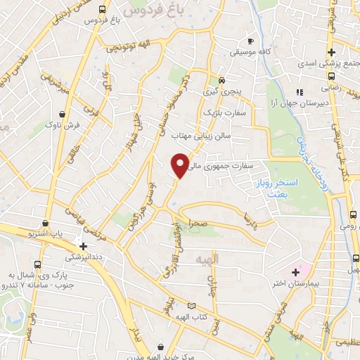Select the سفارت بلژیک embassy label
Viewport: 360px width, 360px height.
click(x=223, y=112)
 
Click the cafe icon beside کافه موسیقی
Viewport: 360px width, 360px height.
click(x=250, y=41)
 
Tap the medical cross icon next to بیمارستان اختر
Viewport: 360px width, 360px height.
click(x=295, y=271)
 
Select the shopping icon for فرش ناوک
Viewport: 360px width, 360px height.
click(x=64, y=112)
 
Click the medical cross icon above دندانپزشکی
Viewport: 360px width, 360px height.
click(x=84, y=247)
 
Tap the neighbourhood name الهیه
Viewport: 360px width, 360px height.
click(x=210, y=259)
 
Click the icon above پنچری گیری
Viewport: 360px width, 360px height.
click(x=221, y=79)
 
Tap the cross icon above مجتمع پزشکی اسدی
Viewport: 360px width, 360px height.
click(x=331, y=52)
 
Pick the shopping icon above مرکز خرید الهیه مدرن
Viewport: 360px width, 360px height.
click(x=162, y=346)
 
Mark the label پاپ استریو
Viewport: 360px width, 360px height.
click(x=50, y=233)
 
